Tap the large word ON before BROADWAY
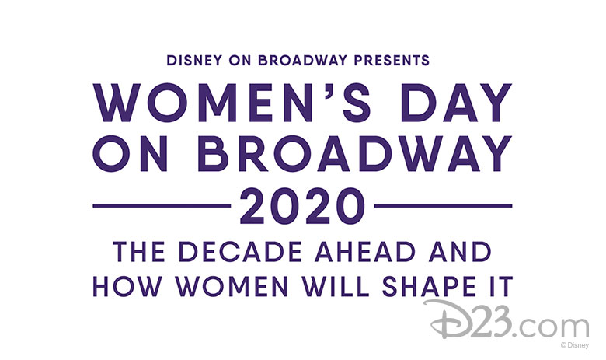pyautogui.click(x=131, y=153)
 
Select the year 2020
pyautogui.click(x=303, y=206)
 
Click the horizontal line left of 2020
pyautogui.click(x=162, y=206)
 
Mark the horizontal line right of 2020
pyautogui.click(x=444, y=206)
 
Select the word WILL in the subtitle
pyautogui.click(x=336, y=287)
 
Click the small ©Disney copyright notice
pyautogui.click(x=575, y=345)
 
